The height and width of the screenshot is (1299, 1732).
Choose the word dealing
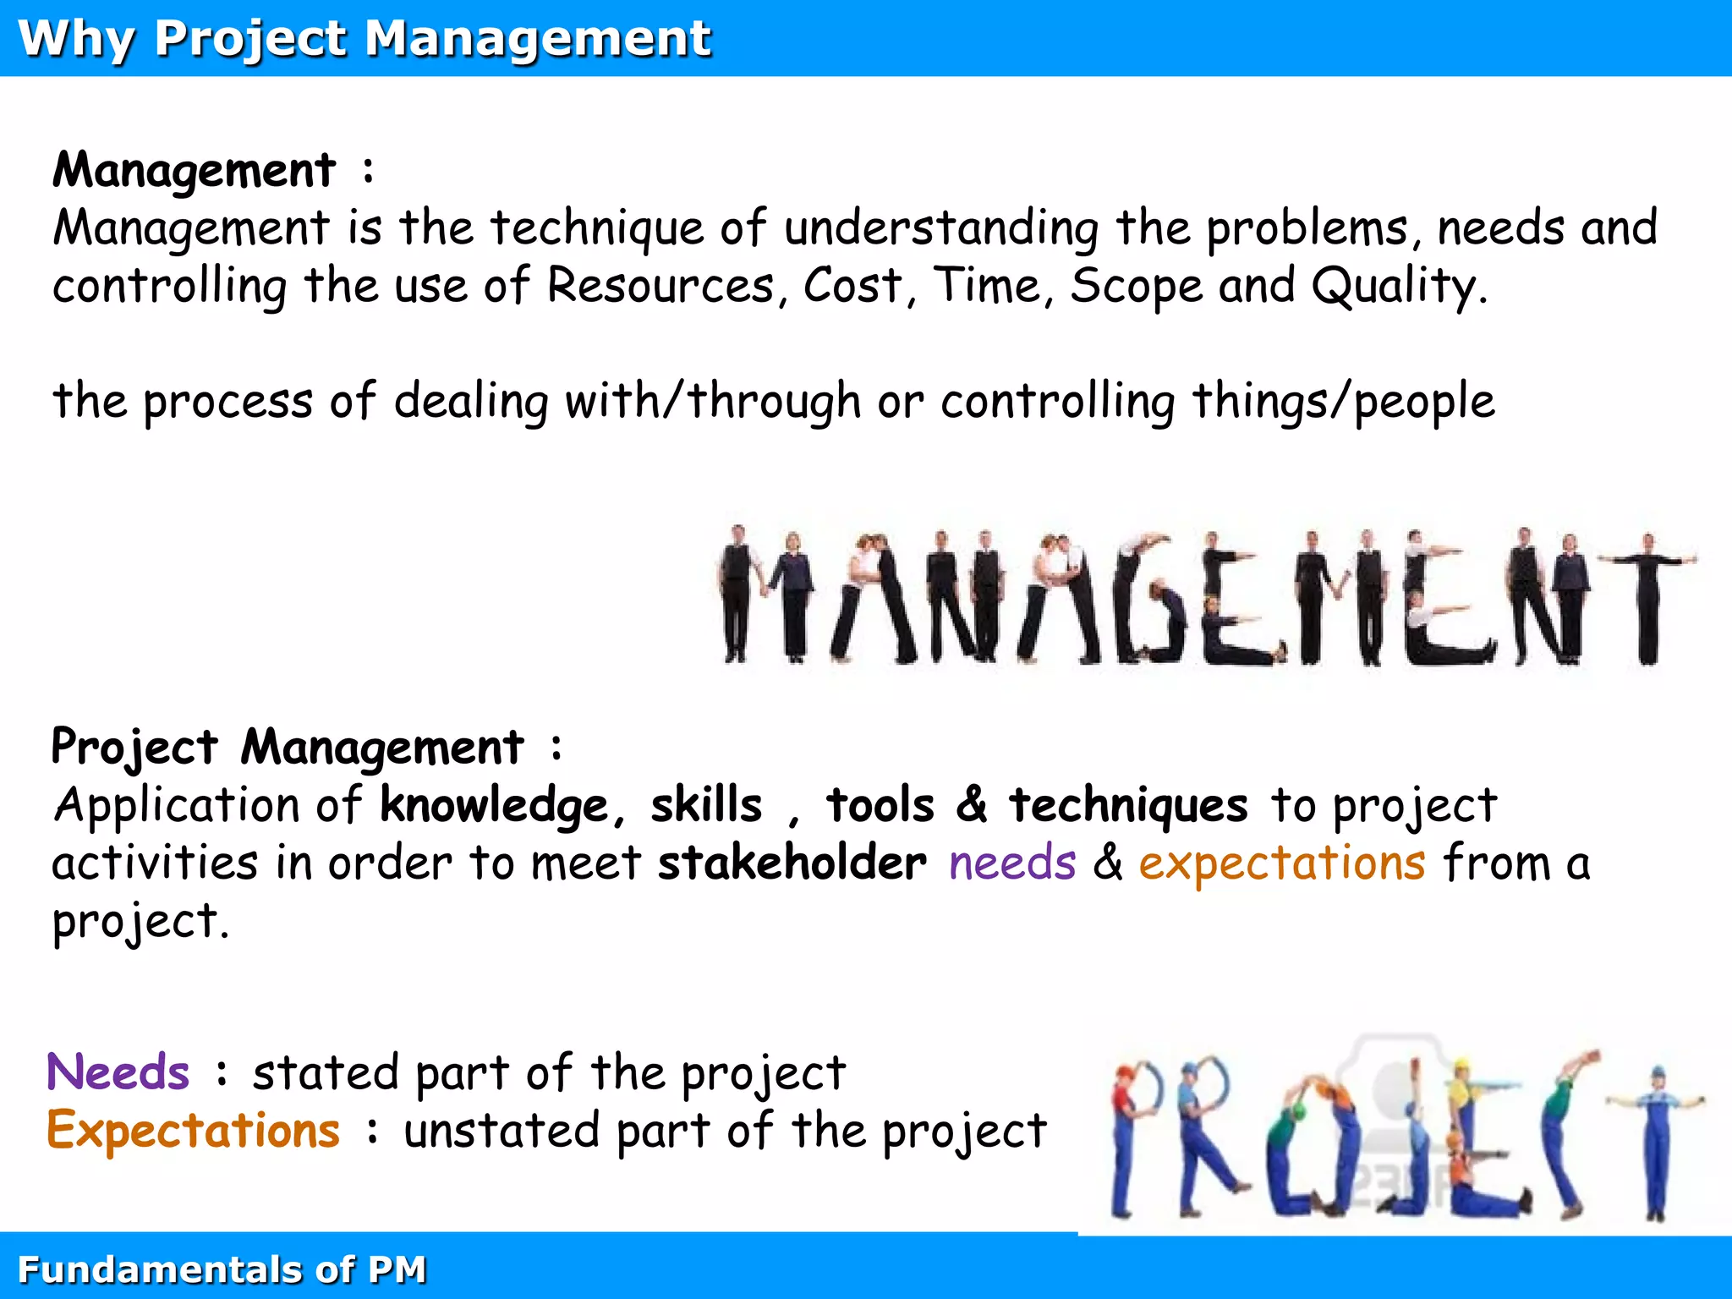(x=471, y=401)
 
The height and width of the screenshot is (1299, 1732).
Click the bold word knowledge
(x=495, y=805)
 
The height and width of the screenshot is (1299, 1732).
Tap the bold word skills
(x=706, y=805)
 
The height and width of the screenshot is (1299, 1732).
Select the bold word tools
(x=880, y=805)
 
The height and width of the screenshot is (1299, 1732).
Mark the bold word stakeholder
(x=792, y=863)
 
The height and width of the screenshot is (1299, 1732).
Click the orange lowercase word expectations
(x=1282, y=863)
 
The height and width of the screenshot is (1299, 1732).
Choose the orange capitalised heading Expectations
(x=194, y=1131)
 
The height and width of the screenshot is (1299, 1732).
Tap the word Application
(x=177, y=805)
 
